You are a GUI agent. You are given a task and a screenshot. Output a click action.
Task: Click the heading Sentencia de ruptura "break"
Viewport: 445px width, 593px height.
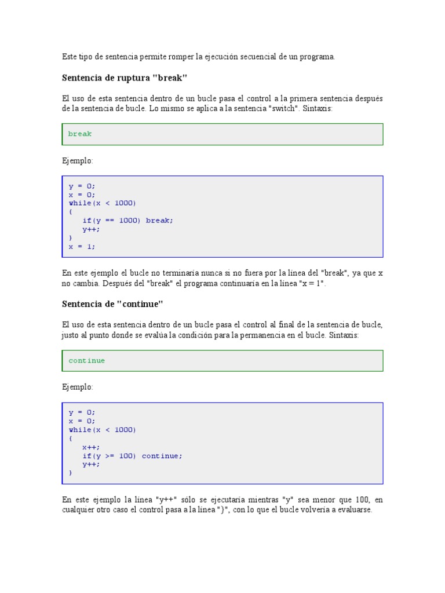[x=124, y=78]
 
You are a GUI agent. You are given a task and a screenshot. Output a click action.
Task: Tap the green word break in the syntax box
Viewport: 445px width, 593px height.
[x=80, y=134]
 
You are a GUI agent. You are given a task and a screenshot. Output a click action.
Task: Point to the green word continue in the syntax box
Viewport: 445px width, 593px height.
[x=87, y=361]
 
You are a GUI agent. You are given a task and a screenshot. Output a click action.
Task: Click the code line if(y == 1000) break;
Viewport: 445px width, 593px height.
[x=127, y=220]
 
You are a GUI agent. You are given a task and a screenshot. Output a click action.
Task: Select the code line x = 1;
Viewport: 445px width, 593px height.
[x=82, y=246]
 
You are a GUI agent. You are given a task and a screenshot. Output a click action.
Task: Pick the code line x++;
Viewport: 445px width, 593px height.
[x=91, y=447]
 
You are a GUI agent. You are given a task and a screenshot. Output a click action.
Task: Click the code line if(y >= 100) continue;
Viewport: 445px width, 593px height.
[x=132, y=456]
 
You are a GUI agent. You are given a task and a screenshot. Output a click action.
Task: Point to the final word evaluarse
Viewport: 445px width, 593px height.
[x=353, y=510]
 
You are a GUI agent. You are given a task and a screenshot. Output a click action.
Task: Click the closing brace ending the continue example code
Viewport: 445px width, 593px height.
[x=71, y=473]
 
